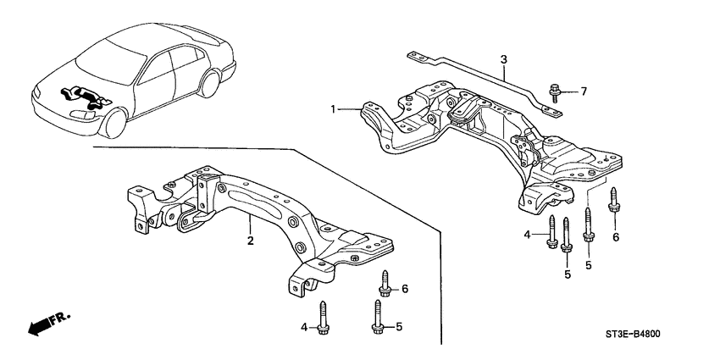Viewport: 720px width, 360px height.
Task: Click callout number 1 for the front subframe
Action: [x=334, y=109]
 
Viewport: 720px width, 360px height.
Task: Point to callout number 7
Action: [x=583, y=90]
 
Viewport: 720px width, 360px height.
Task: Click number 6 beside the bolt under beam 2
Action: [x=405, y=289]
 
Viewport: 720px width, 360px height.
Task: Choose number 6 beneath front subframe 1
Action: [x=616, y=237]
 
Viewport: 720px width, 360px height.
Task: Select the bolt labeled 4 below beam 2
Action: [x=323, y=318]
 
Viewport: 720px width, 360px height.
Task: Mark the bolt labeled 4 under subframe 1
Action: [x=552, y=232]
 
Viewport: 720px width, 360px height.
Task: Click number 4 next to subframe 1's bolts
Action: [x=527, y=233]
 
